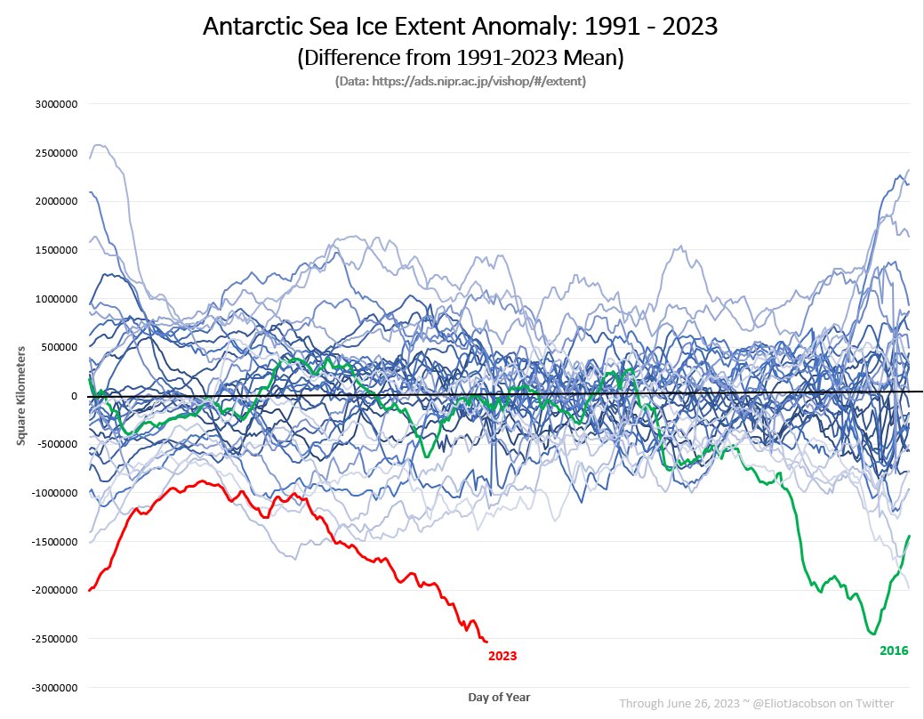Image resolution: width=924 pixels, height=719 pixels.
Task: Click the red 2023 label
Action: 502,656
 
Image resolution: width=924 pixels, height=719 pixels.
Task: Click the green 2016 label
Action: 894,650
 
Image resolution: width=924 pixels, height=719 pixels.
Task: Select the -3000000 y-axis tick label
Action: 56,688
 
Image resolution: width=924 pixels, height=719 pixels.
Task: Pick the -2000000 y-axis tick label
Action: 56,590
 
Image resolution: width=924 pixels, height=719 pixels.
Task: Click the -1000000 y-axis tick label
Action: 56,493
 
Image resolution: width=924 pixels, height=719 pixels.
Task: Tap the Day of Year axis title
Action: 499,697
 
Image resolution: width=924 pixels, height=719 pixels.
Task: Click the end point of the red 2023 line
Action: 486,642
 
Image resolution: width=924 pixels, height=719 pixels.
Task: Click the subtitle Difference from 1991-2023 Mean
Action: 460,59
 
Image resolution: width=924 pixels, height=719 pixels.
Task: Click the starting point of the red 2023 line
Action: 90,590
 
